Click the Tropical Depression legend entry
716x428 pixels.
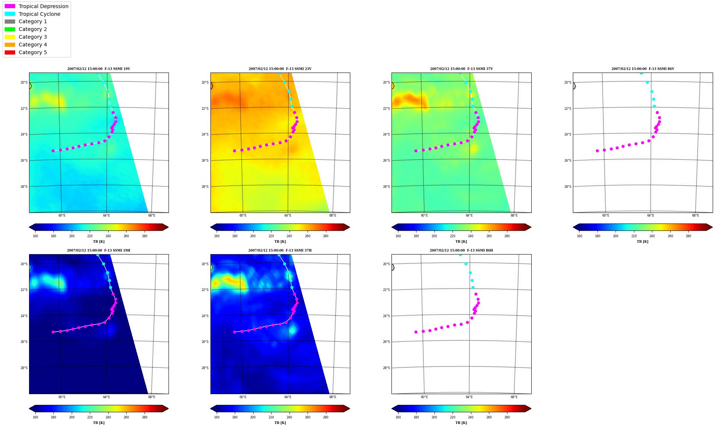point(36,6)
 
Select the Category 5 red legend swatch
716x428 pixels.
point(10,52)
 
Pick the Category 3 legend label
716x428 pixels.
point(33,37)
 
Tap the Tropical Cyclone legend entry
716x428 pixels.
point(32,14)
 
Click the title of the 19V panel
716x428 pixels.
point(99,69)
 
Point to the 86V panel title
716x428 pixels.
point(643,69)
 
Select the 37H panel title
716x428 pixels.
point(280,250)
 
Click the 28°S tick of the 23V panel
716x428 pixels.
point(205,187)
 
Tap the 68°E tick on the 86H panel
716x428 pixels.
point(514,397)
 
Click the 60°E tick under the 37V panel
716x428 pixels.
point(424,215)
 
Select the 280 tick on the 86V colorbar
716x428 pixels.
point(688,236)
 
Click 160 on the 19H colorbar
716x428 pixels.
point(35,417)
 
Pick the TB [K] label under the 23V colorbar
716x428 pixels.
point(280,242)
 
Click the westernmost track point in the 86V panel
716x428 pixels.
point(597,151)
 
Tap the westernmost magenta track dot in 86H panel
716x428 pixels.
point(416,332)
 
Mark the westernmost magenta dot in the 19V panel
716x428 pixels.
point(53,151)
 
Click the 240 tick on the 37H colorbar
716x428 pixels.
point(289,417)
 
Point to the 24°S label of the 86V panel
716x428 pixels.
point(568,134)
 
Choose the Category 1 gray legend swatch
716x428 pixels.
point(10,21)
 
